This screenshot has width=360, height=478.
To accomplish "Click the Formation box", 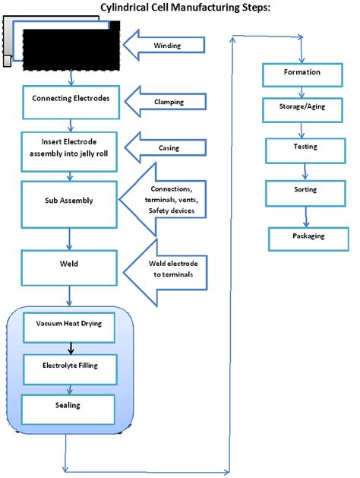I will tap(302, 73).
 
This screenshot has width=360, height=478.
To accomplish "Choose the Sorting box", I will tap(305, 190).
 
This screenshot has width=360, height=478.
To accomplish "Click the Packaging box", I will tap(308, 236).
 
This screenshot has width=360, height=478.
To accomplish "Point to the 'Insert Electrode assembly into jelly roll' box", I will tap(71, 147).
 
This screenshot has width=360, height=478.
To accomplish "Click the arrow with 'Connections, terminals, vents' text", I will tap(171, 199).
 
